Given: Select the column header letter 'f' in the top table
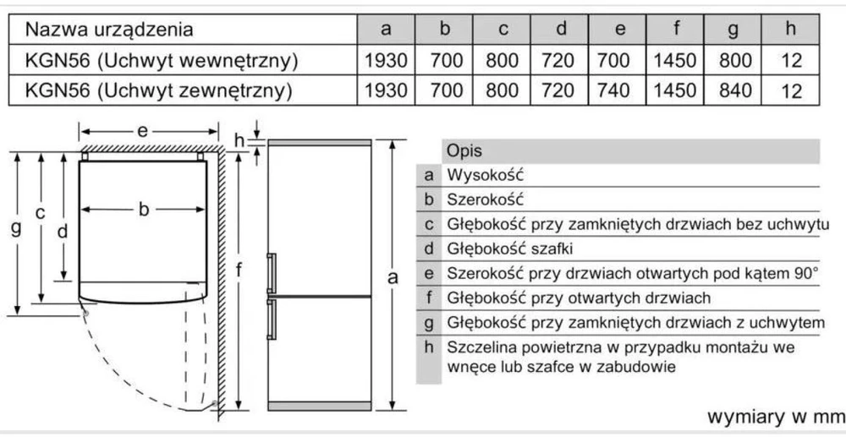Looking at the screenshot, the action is coord(675,28).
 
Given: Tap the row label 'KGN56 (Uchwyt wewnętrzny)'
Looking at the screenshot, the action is coord(162,61).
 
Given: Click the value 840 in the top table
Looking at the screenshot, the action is coord(735,90).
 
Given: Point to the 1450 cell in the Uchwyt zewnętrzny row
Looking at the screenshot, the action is coord(674,90).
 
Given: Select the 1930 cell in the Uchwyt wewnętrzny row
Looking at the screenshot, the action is coord(386,60).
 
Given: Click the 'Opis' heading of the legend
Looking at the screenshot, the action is coord(464,150).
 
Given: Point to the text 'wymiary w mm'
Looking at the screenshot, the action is coord(776,417).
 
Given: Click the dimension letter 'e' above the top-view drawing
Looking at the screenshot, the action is coord(142,131).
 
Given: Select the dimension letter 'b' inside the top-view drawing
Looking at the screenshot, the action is coord(143,209).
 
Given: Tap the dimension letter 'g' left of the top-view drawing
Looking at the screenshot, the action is coord(16,228).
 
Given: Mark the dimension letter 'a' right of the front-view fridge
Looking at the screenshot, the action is coord(393,277).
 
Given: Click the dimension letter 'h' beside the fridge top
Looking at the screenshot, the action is coord(239,141).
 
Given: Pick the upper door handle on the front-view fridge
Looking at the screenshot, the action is coord(272,273).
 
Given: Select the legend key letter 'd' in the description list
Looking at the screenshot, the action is coord(430,249).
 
